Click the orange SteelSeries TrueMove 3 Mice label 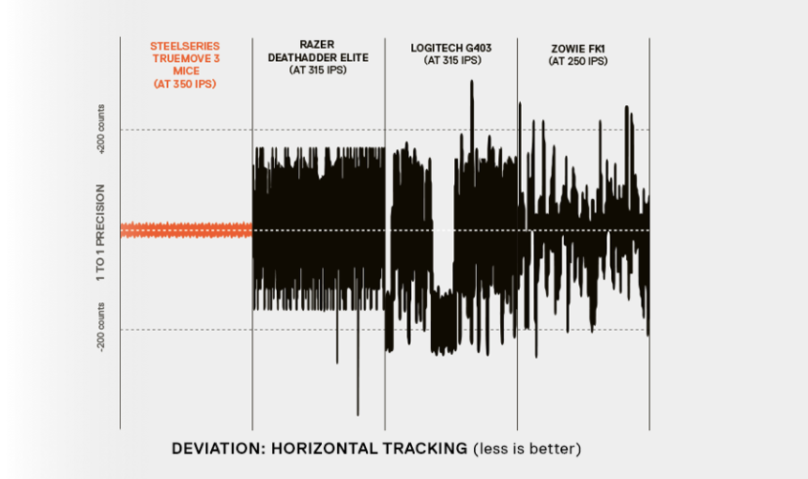point(186,58)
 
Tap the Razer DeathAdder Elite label point(317,51)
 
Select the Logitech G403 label point(450,47)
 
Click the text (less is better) point(526,448)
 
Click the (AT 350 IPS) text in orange point(186,85)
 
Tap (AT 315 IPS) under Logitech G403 point(450,61)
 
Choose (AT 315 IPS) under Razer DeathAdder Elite point(317,70)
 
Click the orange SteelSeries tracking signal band point(186,229)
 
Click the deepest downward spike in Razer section point(358,411)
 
